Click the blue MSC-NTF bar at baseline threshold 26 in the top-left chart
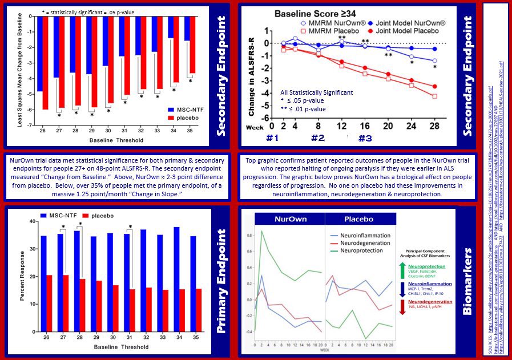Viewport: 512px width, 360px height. (x=39, y=54)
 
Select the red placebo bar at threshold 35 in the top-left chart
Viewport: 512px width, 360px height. (x=192, y=45)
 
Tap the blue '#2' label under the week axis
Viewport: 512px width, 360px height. (x=317, y=137)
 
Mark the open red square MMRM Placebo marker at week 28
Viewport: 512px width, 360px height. (x=434, y=96)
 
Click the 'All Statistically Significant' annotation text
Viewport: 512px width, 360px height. (x=316, y=92)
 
